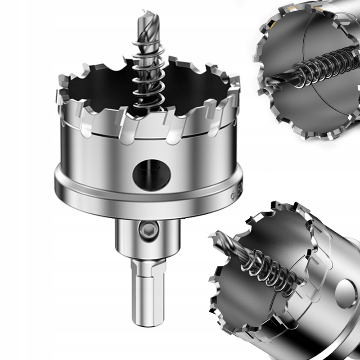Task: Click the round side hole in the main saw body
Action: [x=152, y=172]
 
